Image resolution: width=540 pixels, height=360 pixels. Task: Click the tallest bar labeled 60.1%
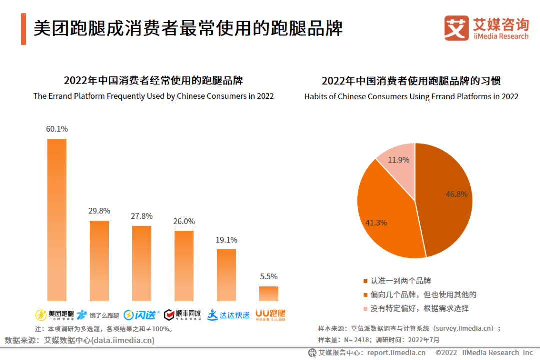(x=57, y=220)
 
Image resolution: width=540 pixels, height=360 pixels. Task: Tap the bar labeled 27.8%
(x=141, y=263)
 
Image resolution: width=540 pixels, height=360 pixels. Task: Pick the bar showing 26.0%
(x=184, y=266)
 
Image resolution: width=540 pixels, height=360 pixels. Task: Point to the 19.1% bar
(x=226, y=275)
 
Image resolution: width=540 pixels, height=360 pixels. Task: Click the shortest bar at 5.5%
(x=269, y=293)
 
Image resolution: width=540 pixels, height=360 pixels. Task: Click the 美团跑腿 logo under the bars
(x=55, y=315)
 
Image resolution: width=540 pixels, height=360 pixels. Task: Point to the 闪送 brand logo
(x=141, y=315)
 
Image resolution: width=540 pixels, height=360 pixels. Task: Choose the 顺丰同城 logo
(x=183, y=315)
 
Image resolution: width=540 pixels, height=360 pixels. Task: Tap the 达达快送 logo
(x=228, y=315)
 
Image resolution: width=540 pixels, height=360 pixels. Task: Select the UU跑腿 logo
(x=270, y=314)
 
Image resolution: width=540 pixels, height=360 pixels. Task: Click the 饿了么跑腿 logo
(x=98, y=315)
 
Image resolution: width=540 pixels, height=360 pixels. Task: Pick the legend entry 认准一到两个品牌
(x=400, y=281)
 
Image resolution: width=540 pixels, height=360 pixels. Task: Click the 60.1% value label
(x=57, y=129)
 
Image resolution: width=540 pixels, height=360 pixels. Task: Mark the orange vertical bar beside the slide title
(x=23, y=29)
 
